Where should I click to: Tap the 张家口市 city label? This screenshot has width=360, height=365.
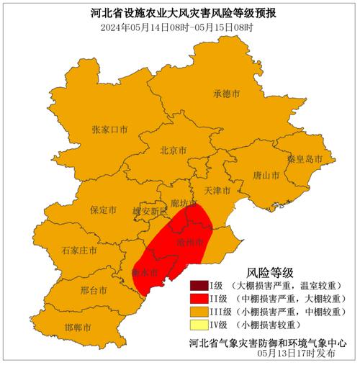[109, 130]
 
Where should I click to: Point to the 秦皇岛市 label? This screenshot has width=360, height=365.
[305, 159]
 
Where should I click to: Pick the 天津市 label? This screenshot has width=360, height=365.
[217, 191]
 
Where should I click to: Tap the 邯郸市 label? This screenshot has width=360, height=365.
[78, 328]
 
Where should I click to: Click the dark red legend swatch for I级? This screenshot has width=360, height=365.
[199, 286]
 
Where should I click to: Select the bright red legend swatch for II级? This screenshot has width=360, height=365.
[199, 299]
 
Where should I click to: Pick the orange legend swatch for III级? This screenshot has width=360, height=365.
[199, 312]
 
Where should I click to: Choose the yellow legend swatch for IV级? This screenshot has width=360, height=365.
[199, 325]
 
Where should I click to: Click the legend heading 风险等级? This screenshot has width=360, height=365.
[270, 272]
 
